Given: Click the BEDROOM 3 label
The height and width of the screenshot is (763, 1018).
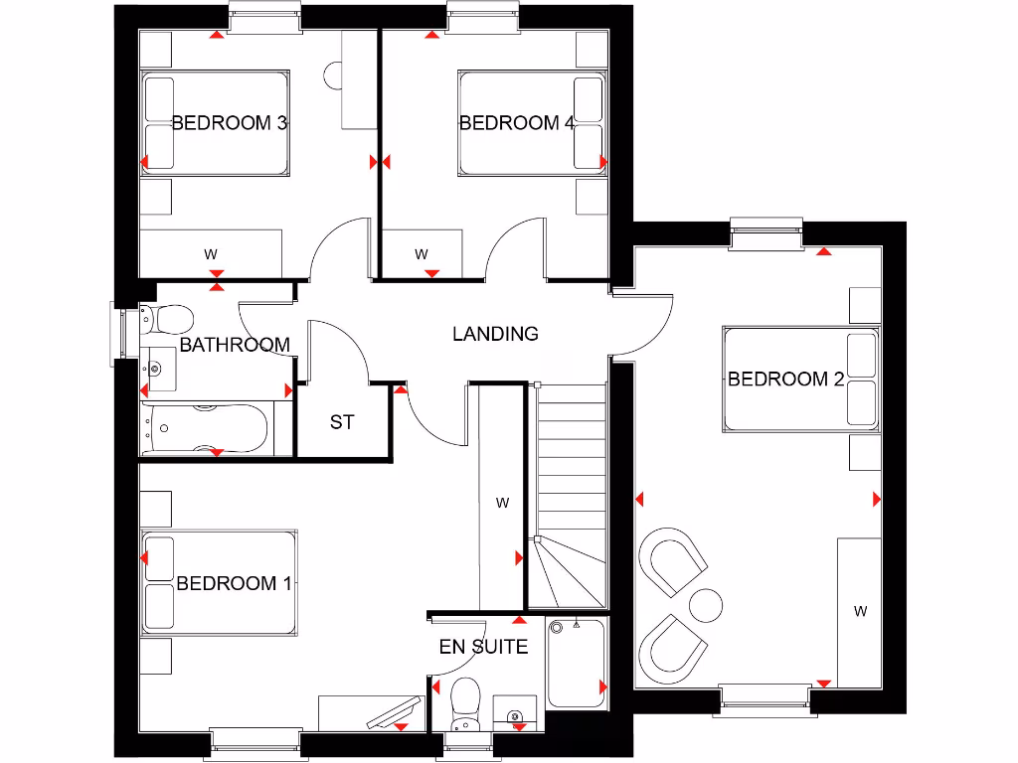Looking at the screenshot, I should pyautogui.click(x=230, y=123).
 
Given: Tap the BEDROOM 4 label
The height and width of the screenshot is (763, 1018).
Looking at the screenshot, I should pyautogui.click(x=516, y=123).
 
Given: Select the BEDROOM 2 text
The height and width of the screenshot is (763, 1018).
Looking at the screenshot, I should pyautogui.click(x=785, y=379).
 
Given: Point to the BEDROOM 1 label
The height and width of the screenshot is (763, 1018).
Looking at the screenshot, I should pyautogui.click(x=234, y=583).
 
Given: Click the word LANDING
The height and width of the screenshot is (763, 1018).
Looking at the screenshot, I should pyautogui.click(x=495, y=334).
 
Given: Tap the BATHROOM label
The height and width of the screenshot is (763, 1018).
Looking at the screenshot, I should pyautogui.click(x=235, y=345).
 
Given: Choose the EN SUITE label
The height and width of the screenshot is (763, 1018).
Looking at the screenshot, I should pyautogui.click(x=483, y=647).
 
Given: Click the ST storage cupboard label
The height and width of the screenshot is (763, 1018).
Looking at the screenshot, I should pyautogui.click(x=342, y=422).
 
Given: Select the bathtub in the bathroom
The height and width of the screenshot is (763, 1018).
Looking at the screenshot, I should pyautogui.click(x=205, y=429).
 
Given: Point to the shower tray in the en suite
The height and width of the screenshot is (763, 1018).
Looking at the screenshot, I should pyautogui.click(x=576, y=664).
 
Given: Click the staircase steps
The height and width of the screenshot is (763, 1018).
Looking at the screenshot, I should pyautogui.click(x=571, y=467).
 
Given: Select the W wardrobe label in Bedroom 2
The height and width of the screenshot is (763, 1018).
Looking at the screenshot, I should pyautogui.click(x=860, y=612).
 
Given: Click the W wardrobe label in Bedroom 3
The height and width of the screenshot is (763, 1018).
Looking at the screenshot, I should pyautogui.click(x=211, y=254).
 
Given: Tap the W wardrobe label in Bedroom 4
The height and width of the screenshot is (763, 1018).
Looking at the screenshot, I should pyautogui.click(x=422, y=254).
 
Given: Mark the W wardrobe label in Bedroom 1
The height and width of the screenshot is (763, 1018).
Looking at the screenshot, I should pyautogui.click(x=502, y=503).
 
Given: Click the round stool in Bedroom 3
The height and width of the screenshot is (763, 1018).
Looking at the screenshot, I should pyautogui.click(x=334, y=75).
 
